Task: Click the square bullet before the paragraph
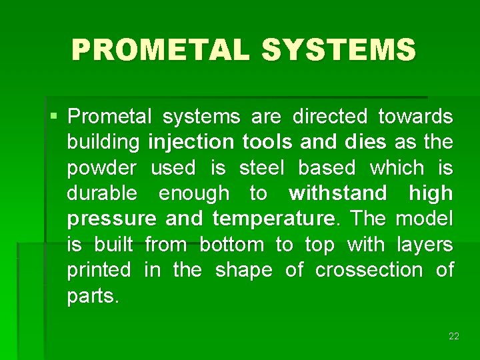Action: coord(53,117)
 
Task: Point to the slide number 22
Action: coord(454,336)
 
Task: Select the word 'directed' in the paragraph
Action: coord(329,117)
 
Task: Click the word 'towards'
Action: coord(415,117)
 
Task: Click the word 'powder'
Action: coord(102,168)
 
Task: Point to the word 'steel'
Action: coord(261,168)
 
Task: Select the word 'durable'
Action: coord(102,194)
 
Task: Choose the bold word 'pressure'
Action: coord(112,219)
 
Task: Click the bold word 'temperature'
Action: coord(273,219)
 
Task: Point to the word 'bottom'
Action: coord(231,245)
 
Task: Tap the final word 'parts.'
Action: coord(93,296)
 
